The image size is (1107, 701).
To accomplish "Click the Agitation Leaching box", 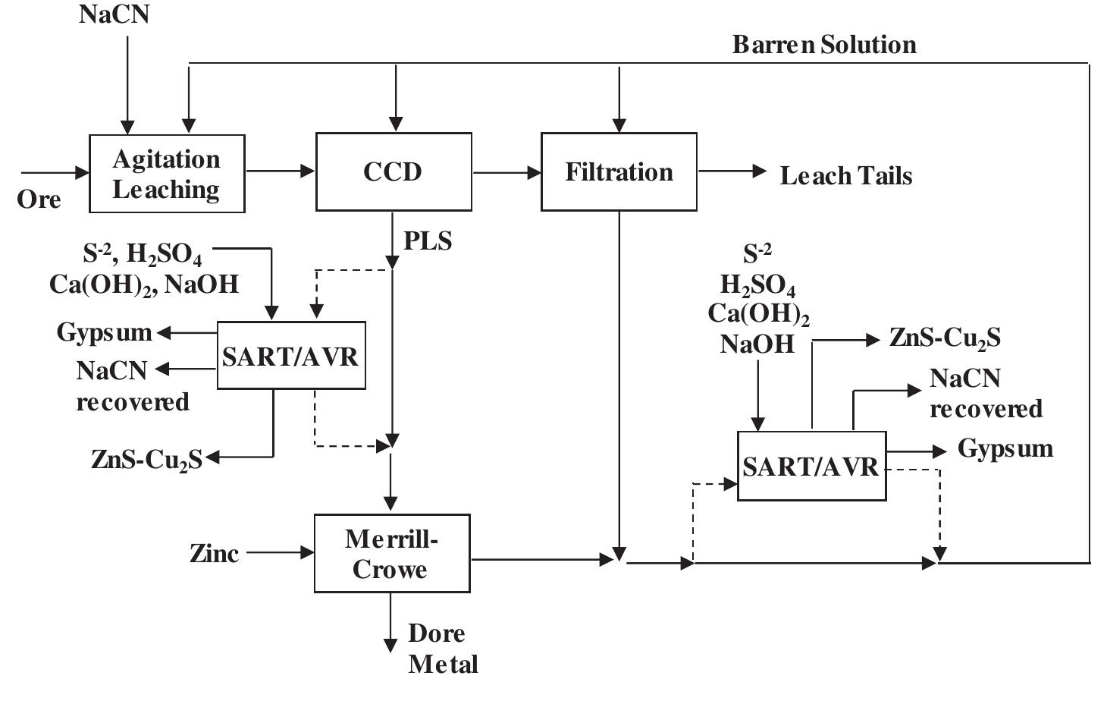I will click(167, 174).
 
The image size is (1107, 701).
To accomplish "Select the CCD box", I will click(394, 171).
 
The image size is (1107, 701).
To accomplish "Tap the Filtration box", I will click(619, 171).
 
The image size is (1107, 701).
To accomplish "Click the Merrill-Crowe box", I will click(392, 553).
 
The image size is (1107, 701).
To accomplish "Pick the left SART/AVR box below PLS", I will click(291, 356).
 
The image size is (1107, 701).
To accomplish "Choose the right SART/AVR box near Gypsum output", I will click(811, 466).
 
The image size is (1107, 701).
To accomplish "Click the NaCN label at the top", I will click(114, 14).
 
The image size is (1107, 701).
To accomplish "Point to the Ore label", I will click(39, 200).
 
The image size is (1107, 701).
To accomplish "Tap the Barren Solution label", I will click(824, 45).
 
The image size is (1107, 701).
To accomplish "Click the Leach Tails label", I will click(846, 176).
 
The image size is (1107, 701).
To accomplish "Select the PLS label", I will click(428, 241).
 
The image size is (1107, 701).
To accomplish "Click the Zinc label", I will click(214, 554).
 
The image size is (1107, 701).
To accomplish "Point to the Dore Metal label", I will click(443, 649).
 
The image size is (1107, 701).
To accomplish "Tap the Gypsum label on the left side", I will click(105, 332).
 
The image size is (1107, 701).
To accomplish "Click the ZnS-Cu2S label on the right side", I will click(945, 338).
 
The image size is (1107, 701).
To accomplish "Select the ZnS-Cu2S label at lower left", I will click(147, 460).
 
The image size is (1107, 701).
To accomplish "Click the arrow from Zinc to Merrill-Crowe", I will click(281, 553).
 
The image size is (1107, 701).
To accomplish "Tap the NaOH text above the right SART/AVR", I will click(757, 344).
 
